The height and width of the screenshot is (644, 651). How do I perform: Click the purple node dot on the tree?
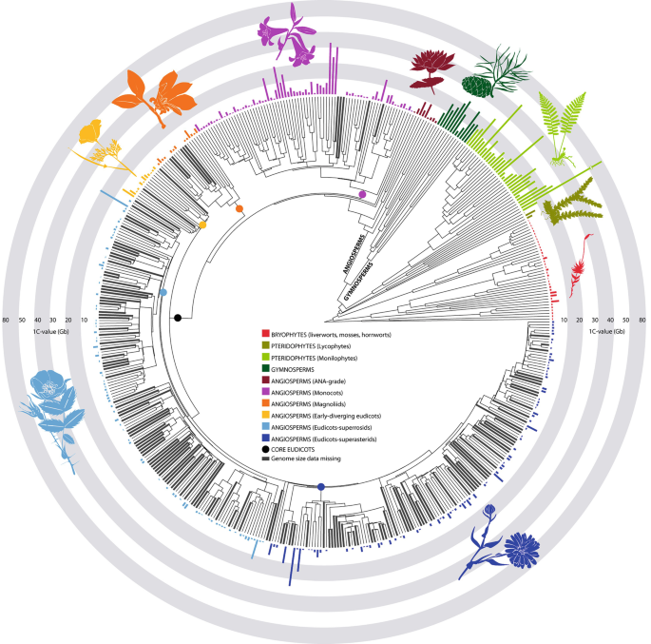362,195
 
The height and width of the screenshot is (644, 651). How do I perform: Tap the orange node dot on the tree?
239,208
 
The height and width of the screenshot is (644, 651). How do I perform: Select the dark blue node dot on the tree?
321,487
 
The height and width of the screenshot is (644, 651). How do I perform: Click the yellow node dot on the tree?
203,224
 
